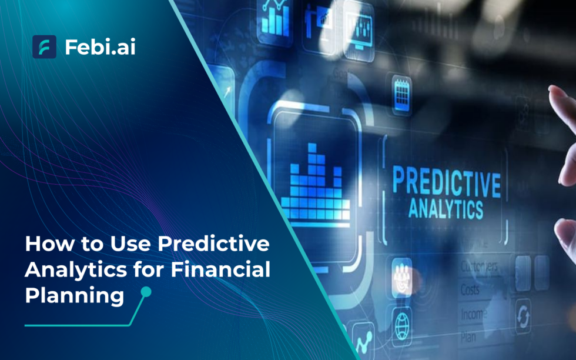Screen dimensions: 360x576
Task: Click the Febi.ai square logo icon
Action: [44, 46]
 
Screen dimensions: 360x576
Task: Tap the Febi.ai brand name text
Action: [100, 47]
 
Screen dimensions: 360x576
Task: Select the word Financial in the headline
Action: [222, 271]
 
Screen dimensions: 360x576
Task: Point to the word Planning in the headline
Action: [74, 295]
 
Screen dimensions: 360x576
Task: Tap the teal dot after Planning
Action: [146, 292]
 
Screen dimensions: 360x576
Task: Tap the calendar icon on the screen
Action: [402, 94]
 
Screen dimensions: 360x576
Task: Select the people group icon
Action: [402, 271]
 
